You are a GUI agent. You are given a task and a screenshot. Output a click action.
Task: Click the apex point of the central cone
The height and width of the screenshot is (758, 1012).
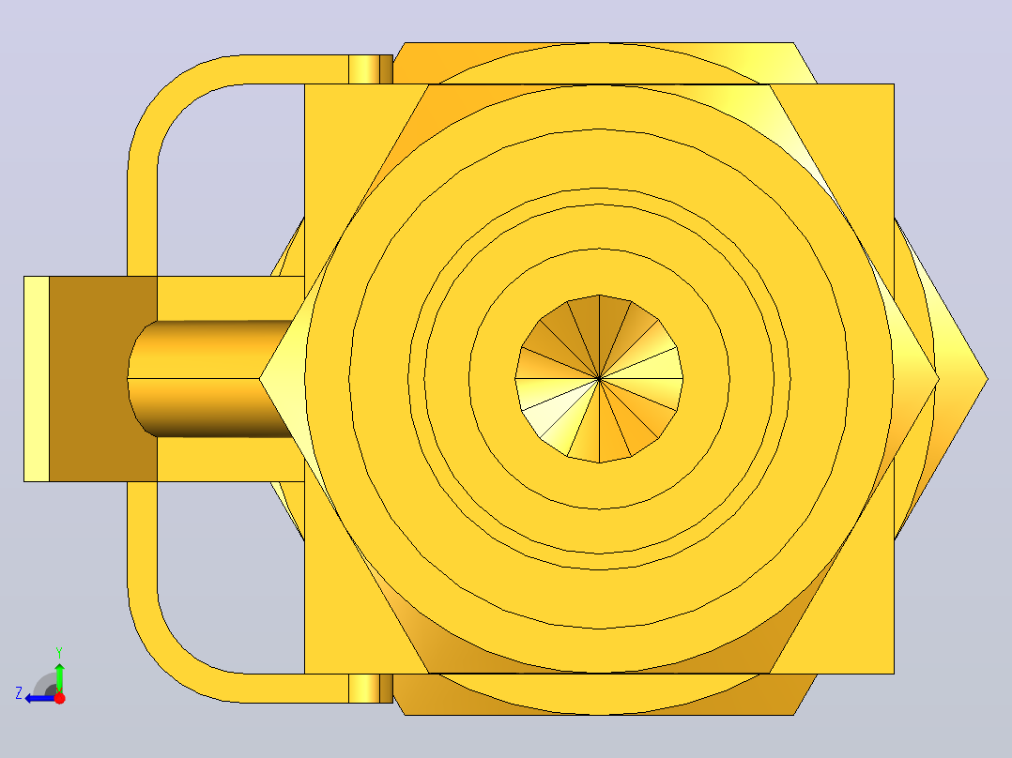(600, 379)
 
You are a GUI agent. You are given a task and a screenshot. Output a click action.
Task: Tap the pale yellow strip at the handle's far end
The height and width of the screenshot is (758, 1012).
(37, 379)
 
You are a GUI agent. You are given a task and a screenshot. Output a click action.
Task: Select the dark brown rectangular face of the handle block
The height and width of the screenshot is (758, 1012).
(103, 379)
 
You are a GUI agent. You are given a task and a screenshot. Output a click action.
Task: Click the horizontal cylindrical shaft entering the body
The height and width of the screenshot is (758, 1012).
(209, 379)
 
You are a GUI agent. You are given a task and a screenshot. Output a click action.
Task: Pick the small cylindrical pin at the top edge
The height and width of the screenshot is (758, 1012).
(371, 69)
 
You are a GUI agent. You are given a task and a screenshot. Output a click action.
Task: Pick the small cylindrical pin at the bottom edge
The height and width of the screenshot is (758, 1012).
(371, 689)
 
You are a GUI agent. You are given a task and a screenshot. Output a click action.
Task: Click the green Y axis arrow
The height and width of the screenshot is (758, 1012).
(59, 677)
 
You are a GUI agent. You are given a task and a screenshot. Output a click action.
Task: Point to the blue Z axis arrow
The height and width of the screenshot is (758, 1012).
(40, 698)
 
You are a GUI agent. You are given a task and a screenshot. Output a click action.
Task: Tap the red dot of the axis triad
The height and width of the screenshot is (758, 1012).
(59, 698)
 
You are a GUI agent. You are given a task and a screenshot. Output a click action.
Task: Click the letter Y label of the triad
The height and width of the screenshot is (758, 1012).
(59, 653)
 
